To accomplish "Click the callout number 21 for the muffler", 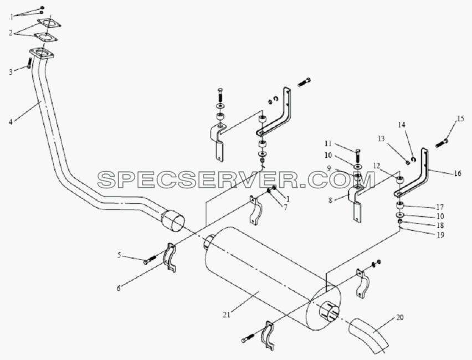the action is [227, 315].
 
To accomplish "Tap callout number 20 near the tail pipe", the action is [400, 317].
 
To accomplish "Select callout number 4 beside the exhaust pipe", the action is [11, 122].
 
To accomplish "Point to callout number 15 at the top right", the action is [460, 119].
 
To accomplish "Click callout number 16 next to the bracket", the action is [458, 173].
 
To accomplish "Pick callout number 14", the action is [402, 124].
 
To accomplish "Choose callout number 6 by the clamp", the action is [119, 289].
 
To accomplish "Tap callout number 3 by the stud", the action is [11, 72].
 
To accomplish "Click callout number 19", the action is [440, 235].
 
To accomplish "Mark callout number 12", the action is [377, 165].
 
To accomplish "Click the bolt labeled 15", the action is [442, 143].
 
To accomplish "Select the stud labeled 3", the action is [29, 63].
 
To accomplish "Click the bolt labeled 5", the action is [150, 260].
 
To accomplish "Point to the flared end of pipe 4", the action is [173, 221].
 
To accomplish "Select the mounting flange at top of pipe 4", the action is [42, 53].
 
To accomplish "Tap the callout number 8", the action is [331, 200].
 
